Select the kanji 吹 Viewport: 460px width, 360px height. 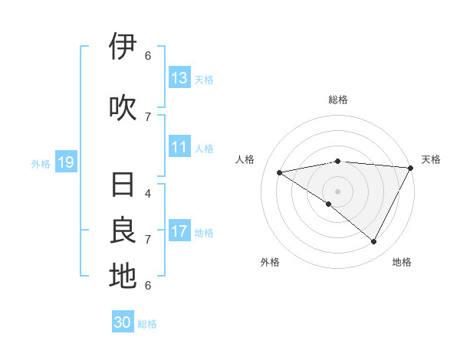123,108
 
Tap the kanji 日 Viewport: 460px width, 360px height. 123,185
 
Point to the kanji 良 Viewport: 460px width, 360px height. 123,231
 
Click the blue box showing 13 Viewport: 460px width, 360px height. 179,78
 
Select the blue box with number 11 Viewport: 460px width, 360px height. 179,148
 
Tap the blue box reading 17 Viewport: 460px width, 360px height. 179,231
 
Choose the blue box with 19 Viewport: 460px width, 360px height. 65,162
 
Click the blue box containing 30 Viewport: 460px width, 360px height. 123,322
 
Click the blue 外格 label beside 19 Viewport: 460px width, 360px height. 41,163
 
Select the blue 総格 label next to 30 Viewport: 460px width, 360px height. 148,324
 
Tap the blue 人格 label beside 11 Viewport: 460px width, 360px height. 204,149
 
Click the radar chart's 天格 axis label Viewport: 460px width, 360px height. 431,159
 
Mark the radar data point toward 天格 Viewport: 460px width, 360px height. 411,168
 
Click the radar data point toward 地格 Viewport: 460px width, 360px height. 374,241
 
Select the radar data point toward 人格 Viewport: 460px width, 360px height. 280,172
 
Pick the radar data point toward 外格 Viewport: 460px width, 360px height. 329,204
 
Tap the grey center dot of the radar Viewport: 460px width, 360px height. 337,191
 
